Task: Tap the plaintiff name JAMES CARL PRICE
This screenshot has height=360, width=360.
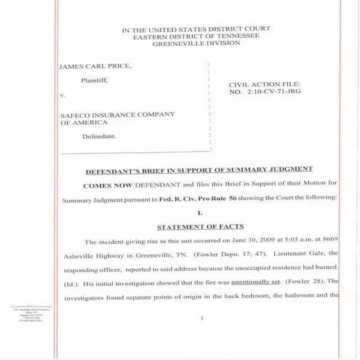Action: [x=95, y=66]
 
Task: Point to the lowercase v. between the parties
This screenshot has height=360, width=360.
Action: [x=62, y=95]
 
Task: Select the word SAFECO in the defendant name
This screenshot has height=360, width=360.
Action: [x=77, y=115]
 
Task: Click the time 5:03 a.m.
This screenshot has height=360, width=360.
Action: [x=303, y=241]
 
